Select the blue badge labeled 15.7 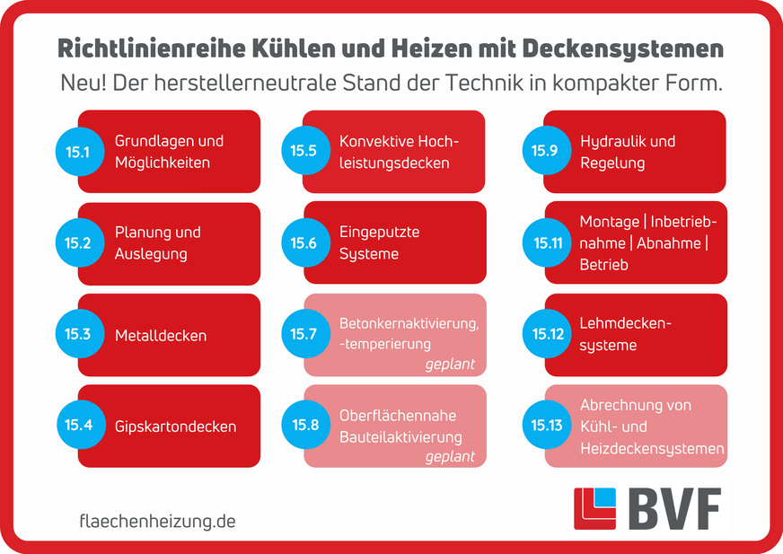pyautogui.click(x=304, y=335)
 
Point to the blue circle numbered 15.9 pyautogui.click(x=544, y=151)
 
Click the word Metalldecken pyautogui.click(x=161, y=336)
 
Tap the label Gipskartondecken pyautogui.click(x=175, y=426)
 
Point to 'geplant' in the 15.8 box pyautogui.click(x=450, y=456)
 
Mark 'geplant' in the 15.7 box pyautogui.click(x=450, y=365)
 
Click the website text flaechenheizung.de pyautogui.click(x=157, y=521)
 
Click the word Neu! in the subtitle pyautogui.click(x=82, y=84)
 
